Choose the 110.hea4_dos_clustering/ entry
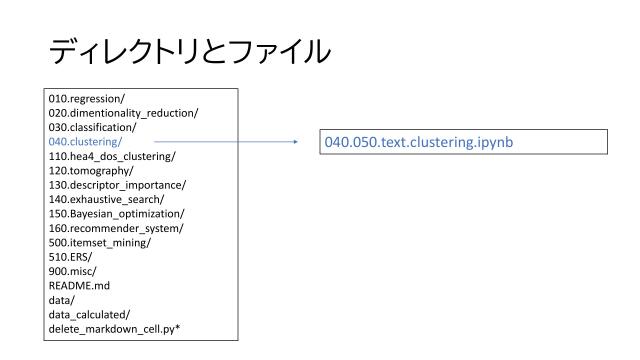point(104,156)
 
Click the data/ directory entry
point(61,298)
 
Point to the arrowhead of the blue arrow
point(296,141)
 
